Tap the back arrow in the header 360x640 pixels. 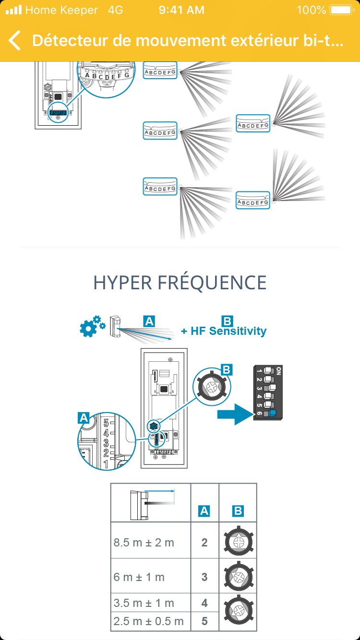15,40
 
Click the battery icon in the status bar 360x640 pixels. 341,10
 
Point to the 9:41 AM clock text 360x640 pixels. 181,10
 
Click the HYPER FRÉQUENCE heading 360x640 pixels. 180,283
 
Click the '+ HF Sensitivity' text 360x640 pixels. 224,331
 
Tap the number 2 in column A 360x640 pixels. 204,543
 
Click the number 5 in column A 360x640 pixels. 204,621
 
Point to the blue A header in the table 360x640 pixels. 204,511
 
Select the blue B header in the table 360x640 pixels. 238,511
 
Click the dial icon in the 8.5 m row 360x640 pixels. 238,541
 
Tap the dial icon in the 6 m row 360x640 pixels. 238,576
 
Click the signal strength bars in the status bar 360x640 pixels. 14,10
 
